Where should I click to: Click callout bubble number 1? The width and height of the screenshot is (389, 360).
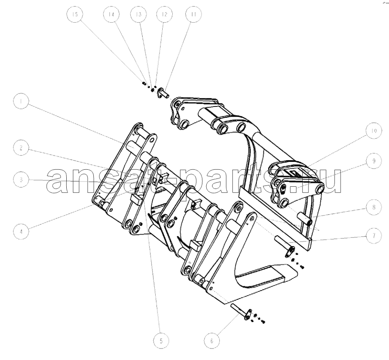pyautogui.click(x=21, y=101)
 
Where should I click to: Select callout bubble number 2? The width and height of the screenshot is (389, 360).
pyautogui.click(x=21, y=148)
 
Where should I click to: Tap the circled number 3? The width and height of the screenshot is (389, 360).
pyautogui.click(x=21, y=179)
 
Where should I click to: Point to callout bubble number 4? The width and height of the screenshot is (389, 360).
pyautogui.click(x=21, y=232)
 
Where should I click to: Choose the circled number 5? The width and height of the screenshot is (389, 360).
pyautogui.click(x=161, y=341)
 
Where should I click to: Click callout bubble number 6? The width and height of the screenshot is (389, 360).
pyautogui.click(x=212, y=341)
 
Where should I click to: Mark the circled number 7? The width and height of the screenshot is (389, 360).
pyautogui.click(x=374, y=236)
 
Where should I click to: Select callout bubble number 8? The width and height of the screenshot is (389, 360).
pyautogui.click(x=374, y=207)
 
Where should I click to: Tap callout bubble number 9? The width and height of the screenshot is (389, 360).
pyautogui.click(x=374, y=161)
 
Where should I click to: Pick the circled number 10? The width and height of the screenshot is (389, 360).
pyautogui.click(x=374, y=131)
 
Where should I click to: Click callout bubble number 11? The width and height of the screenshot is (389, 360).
pyautogui.click(x=194, y=14)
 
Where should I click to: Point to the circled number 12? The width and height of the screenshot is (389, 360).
pyautogui.click(x=164, y=14)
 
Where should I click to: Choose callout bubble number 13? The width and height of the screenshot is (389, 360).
pyautogui.click(x=139, y=14)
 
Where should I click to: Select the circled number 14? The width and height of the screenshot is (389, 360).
pyautogui.click(x=111, y=14)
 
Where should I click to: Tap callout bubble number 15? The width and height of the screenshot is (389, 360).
pyautogui.click(x=75, y=14)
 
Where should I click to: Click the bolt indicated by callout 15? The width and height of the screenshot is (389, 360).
pyautogui.click(x=143, y=84)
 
